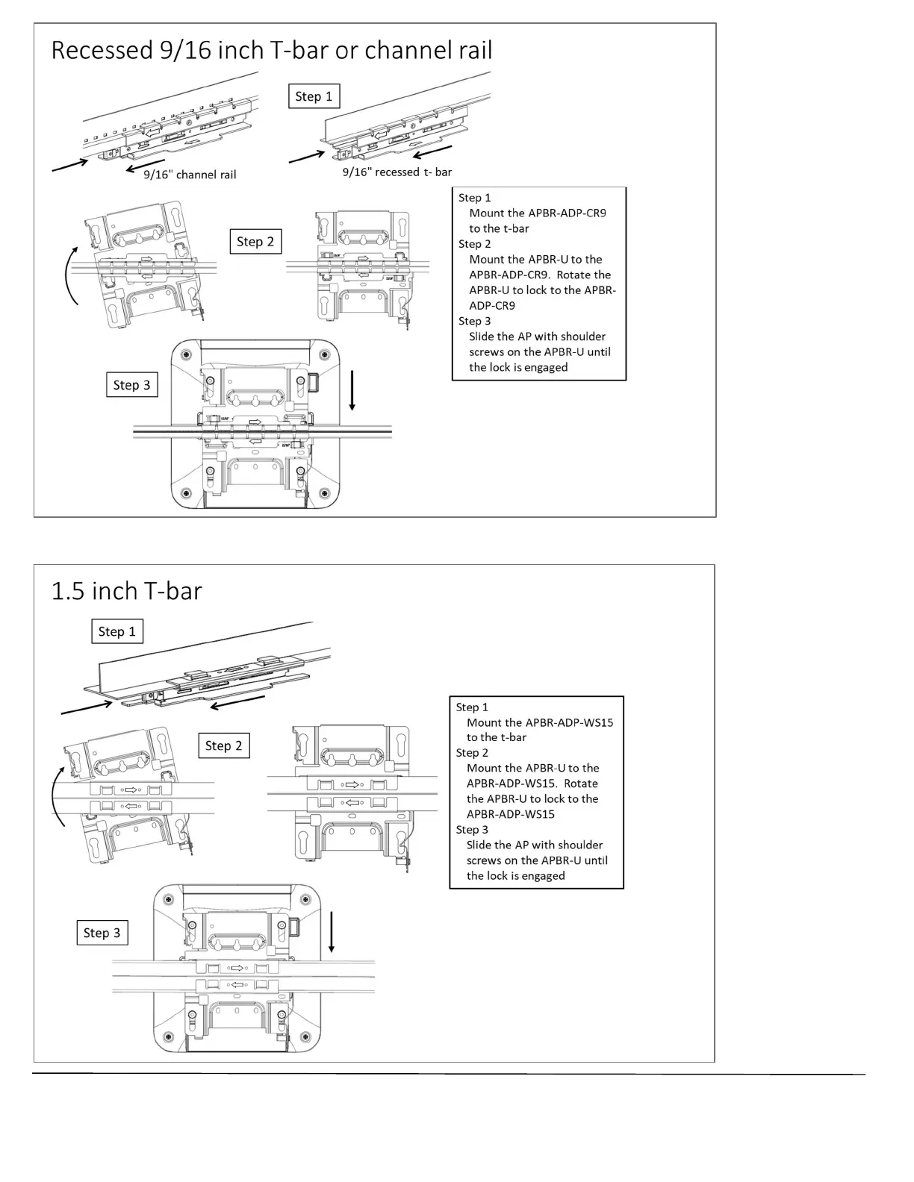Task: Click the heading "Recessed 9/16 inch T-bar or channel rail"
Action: pos(271,50)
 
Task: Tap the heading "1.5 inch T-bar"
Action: pos(126,591)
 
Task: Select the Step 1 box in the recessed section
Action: pos(314,96)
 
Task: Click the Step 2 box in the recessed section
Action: pos(255,241)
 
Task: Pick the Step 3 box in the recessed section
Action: pos(131,385)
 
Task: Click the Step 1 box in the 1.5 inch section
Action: pos(116,631)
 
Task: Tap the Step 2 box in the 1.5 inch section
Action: pos(223,745)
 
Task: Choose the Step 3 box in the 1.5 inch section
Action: pos(102,933)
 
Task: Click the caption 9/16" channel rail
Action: pos(190,175)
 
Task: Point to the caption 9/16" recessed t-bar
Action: pos(397,172)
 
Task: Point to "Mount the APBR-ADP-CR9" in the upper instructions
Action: pos(537,213)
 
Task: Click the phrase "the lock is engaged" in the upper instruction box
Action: pos(518,367)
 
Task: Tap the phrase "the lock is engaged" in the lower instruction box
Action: pos(515,875)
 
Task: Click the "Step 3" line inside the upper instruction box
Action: pos(475,321)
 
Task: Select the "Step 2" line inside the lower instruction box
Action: pos(472,753)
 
